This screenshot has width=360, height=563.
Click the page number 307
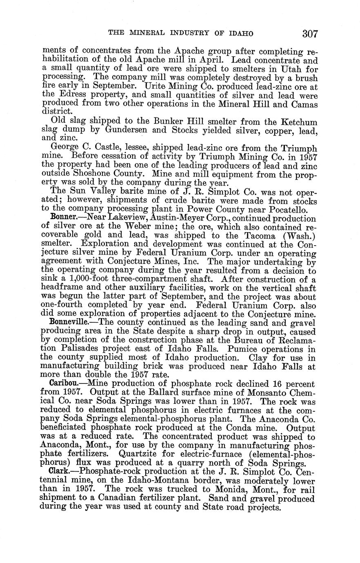(x=310, y=33)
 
